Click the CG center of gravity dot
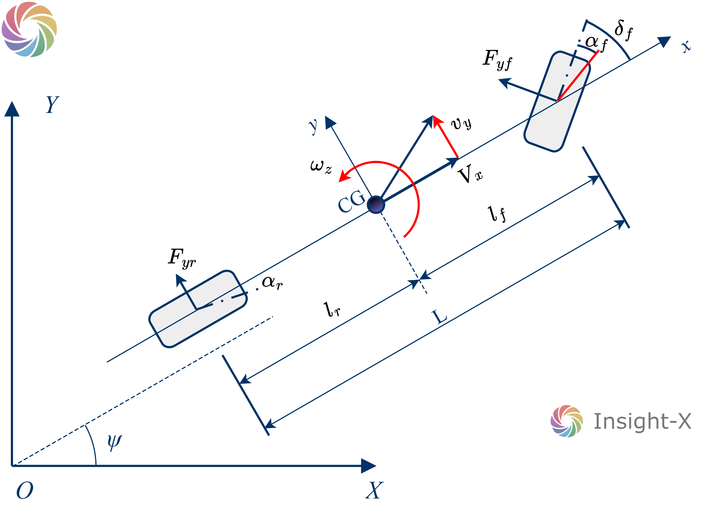375,205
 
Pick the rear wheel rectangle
198,309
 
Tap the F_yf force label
497,60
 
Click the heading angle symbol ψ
114,442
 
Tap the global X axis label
374,490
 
